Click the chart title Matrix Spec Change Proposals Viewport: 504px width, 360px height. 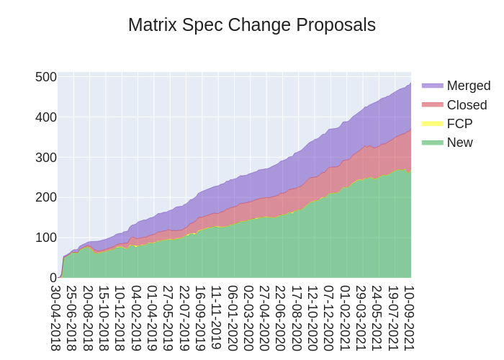[251, 25]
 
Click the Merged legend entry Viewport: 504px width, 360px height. [468, 86]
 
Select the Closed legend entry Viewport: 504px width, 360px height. [467, 105]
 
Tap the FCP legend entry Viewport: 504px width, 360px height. [459, 124]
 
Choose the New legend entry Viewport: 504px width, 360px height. [459, 143]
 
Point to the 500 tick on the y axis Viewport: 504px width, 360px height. [46, 77]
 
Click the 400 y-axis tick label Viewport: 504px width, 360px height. [46, 117]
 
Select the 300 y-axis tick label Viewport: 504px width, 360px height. [46, 158]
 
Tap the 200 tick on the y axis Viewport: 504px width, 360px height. [46, 197]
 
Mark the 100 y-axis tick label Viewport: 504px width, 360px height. [46, 238]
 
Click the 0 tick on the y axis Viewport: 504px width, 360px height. [53, 278]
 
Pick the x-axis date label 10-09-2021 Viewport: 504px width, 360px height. [409, 318]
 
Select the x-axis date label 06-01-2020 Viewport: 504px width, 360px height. [233, 318]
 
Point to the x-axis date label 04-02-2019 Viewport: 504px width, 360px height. [136, 318]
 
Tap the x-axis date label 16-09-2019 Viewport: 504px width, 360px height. [200, 318]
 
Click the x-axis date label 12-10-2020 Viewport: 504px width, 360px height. [312, 318]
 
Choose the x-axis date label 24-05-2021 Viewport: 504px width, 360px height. [377, 318]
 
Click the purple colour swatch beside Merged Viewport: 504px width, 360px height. [432, 86]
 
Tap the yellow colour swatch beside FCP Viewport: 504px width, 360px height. [432, 124]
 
